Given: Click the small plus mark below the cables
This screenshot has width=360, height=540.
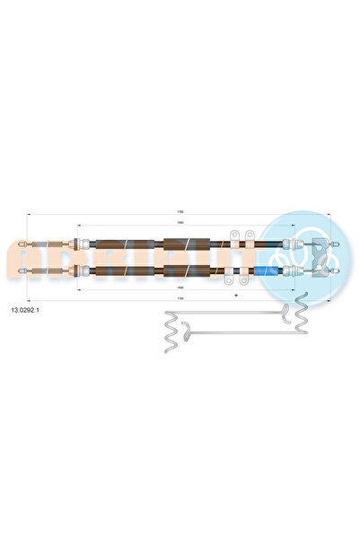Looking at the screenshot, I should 235,294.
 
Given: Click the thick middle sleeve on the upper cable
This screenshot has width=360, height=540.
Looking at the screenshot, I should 186,243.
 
